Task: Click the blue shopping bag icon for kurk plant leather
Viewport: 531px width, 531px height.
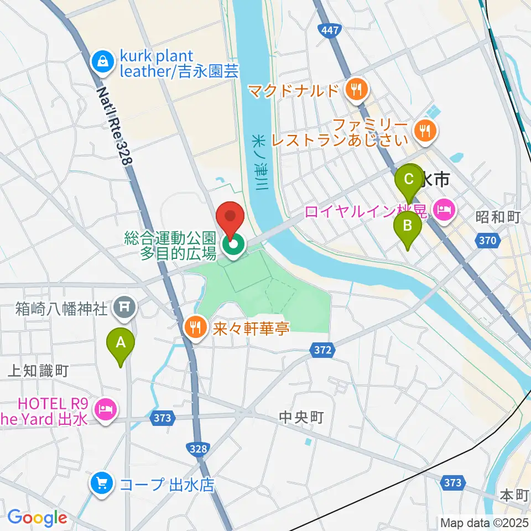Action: (x=103, y=62)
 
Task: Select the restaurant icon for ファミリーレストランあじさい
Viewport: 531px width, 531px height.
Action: (x=424, y=131)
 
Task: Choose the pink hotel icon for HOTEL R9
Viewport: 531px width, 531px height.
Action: (x=105, y=409)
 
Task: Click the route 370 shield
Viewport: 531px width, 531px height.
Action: (x=487, y=240)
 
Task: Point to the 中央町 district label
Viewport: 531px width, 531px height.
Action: (x=300, y=417)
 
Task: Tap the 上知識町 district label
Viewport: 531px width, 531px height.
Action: (x=37, y=371)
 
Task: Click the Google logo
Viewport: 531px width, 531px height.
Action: (x=37, y=518)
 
